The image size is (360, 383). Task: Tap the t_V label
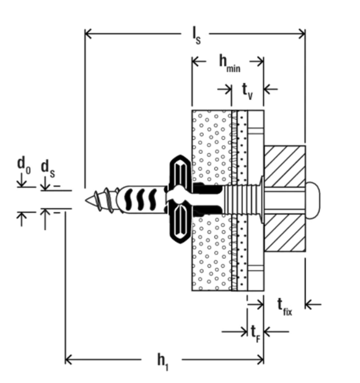247,89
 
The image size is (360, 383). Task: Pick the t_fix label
285,306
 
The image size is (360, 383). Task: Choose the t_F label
256,332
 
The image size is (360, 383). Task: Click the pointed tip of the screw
86,200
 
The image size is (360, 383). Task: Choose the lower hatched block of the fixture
285,232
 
